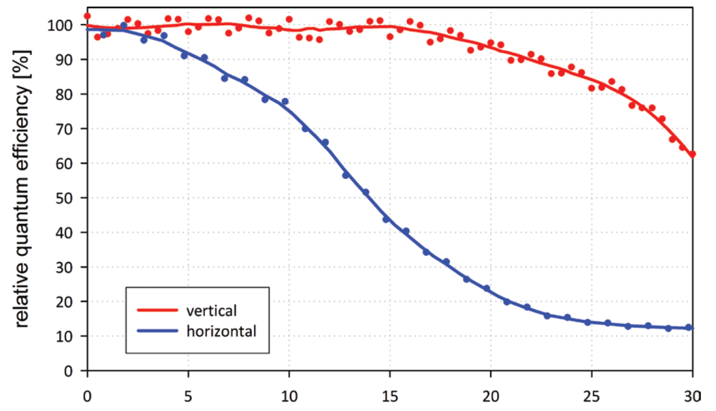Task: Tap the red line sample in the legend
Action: pyautogui.click(x=158, y=310)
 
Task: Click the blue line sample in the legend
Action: pyautogui.click(x=158, y=331)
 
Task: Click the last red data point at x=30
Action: pyautogui.click(x=692, y=154)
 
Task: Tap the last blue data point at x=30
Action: pyautogui.click(x=689, y=327)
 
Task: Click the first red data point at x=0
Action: pyautogui.click(x=88, y=16)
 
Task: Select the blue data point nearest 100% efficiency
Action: pyautogui.click(x=123, y=26)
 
